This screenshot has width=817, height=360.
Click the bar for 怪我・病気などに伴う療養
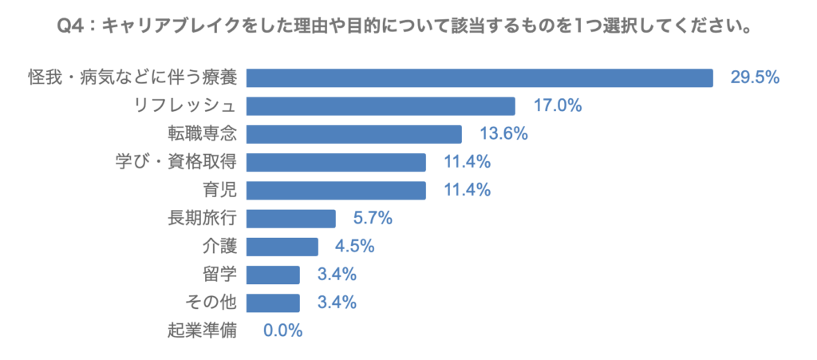click(480, 77)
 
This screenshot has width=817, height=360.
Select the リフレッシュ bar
click(381, 105)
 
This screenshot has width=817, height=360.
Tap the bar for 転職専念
click(354, 133)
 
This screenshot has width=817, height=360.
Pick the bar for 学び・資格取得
click(336, 162)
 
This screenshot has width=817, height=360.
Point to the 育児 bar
click(336, 190)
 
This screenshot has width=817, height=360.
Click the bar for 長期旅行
click(291, 218)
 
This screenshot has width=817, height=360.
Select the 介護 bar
click(282, 246)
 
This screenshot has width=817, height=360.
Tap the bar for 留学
click(273, 275)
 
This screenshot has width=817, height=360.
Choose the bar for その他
click(273, 303)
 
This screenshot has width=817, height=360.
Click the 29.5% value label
click(755, 77)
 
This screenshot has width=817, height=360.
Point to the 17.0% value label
click(558, 105)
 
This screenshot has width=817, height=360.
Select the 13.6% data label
click(503, 133)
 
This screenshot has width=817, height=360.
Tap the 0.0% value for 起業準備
click(283, 330)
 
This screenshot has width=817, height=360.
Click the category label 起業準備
click(203, 330)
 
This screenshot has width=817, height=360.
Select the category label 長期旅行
click(203, 218)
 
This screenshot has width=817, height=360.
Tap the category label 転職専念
click(203, 133)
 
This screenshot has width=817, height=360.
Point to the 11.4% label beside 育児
click(468, 190)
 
